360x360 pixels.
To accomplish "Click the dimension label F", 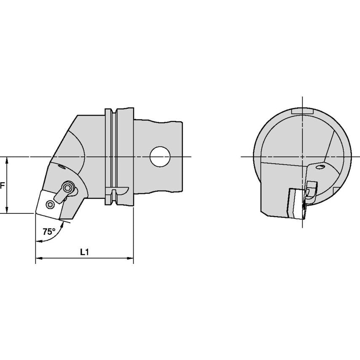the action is coord(2,185).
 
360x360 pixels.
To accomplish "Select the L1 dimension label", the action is coord(84,252).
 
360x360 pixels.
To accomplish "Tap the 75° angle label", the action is coord(49,231).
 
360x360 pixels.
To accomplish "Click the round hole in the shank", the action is coord(160,156).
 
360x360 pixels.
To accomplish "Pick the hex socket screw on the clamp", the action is coord(68,188).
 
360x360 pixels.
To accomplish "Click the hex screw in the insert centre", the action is coord(50,204).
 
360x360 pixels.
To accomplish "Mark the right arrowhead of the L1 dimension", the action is coord(130,258).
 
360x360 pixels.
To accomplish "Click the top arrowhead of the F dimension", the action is coord(7,160).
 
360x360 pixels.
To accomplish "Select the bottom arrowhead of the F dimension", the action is coord(7,210).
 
